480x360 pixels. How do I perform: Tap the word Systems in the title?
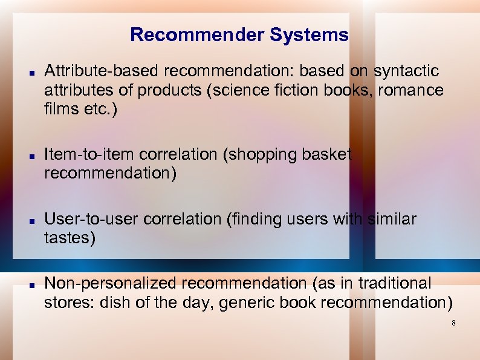(x=310, y=35)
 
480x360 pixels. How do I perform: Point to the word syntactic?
(x=406, y=71)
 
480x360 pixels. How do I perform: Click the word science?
(x=246, y=91)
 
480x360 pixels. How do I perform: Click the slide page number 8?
(x=453, y=324)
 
